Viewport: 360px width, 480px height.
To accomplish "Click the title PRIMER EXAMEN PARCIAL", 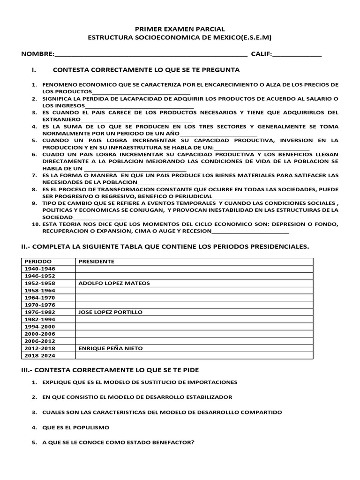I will pyautogui.click(x=180, y=29).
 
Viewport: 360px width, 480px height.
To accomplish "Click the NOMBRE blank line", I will pyautogui.click(x=151, y=55).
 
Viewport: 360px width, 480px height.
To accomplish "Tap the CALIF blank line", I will pyautogui.click(x=297, y=55).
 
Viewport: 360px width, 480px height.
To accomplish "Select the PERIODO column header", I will pyautogui.click(x=38, y=261).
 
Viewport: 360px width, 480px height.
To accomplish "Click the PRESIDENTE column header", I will pyautogui.click(x=97, y=261).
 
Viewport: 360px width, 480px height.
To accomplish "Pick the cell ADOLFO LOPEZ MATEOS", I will pyautogui.click(x=111, y=283).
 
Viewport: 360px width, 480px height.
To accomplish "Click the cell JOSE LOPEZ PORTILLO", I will pyautogui.click(x=111, y=312).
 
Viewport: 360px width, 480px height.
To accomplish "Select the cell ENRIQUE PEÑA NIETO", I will pyautogui.click(x=111, y=348).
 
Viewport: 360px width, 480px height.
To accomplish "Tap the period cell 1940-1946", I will pyautogui.click(x=40, y=269).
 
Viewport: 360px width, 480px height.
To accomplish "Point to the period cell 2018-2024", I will pyautogui.click(x=40, y=356).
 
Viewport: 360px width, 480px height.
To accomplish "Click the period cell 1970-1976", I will pyautogui.click(x=40, y=305).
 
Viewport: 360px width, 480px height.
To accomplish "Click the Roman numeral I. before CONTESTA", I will pyautogui.click(x=34, y=70).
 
